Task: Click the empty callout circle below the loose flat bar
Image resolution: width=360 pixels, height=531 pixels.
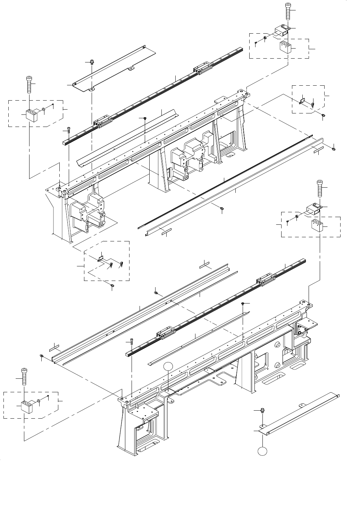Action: (x=263, y=451)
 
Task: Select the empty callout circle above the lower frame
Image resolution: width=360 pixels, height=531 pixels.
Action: (x=168, y=366)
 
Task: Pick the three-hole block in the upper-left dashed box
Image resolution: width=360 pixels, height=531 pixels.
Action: (x=31, y=115)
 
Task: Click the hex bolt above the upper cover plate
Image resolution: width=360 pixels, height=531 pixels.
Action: (x=91, y=62)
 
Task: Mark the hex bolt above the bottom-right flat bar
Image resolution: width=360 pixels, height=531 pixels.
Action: (x=263, y=411)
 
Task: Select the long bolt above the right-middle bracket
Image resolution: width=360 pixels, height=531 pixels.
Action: (x=319, y=189)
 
